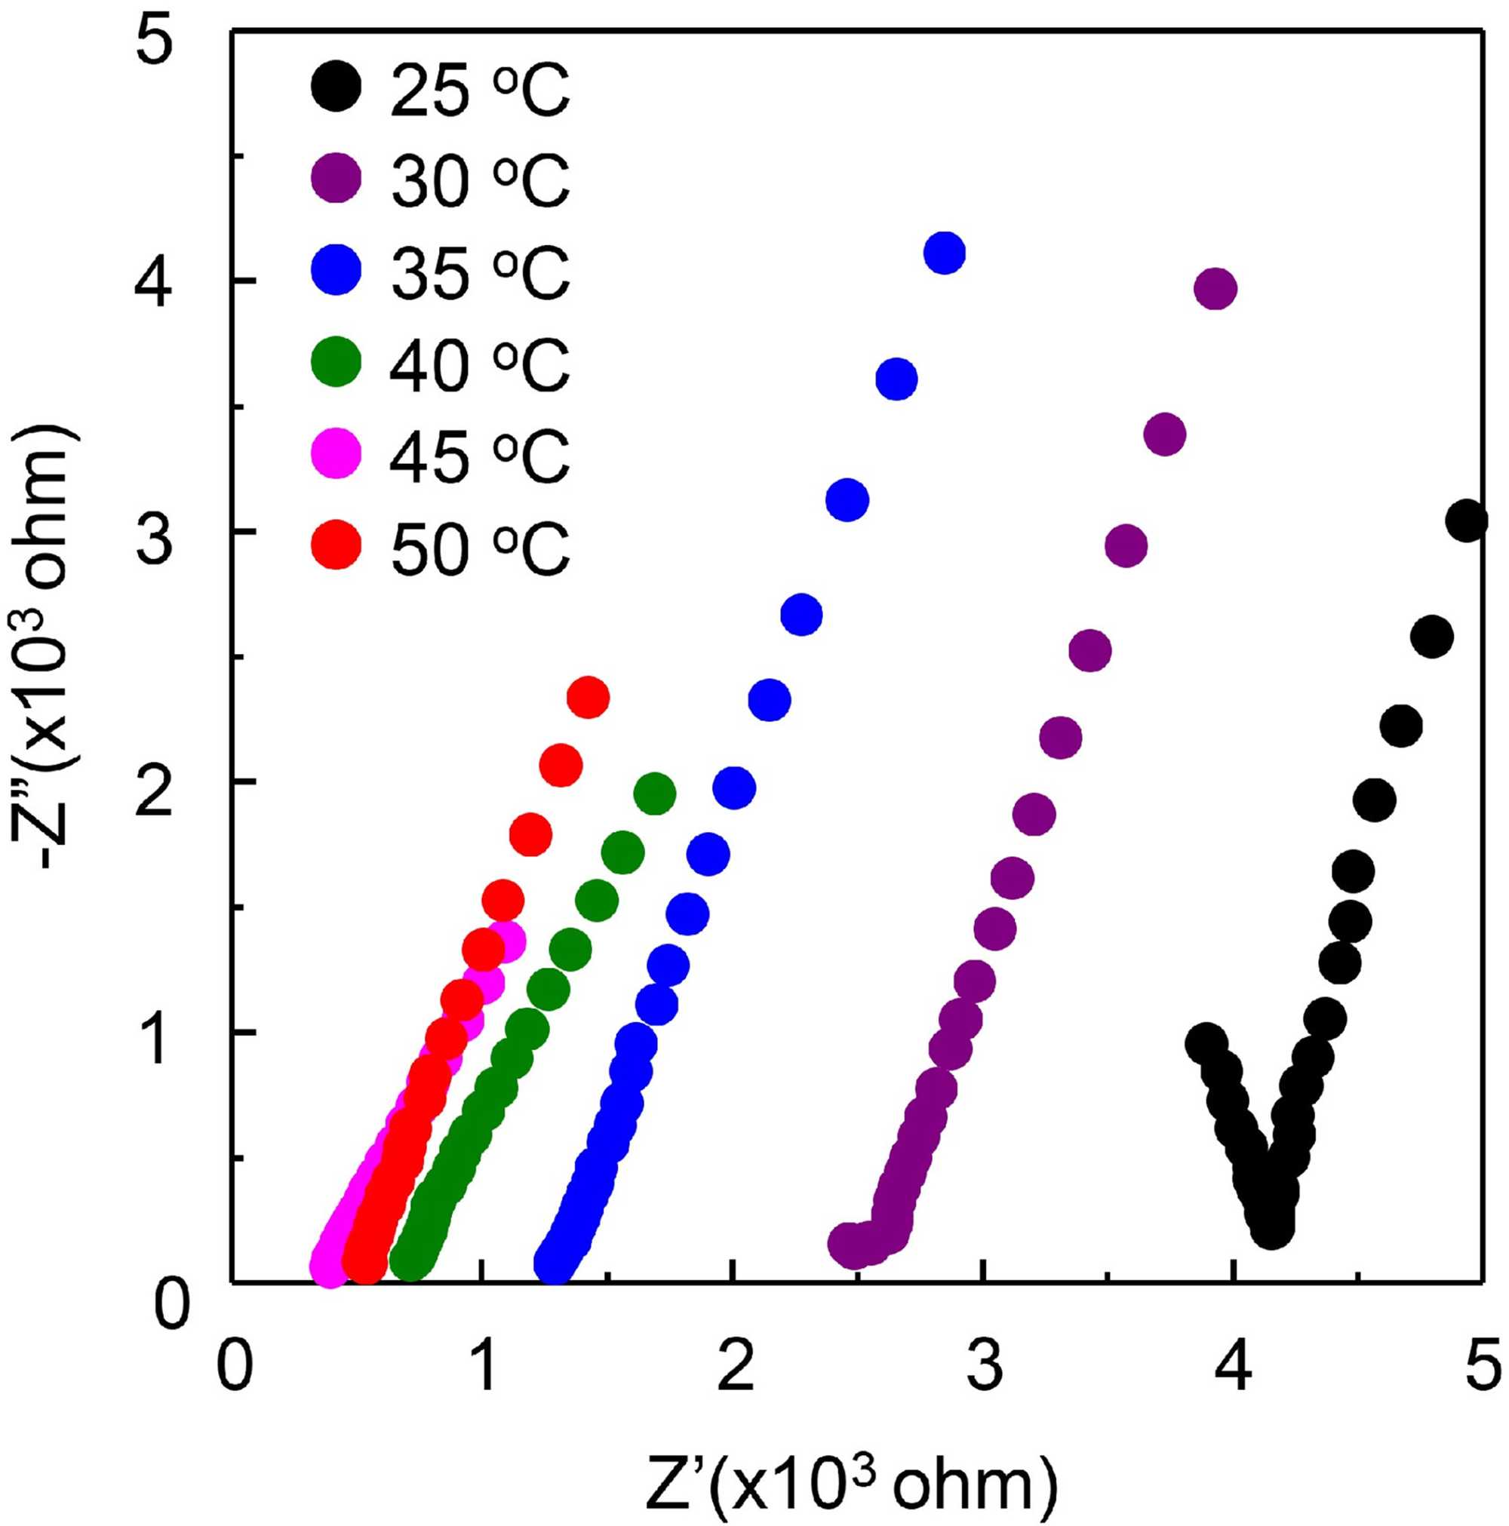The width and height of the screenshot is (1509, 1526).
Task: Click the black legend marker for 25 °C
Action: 336,87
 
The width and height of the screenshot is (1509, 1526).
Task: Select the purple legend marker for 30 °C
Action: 336,179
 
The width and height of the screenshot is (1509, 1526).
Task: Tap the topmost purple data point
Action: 1216,289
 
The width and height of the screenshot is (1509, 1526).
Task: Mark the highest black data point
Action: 1466,520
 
